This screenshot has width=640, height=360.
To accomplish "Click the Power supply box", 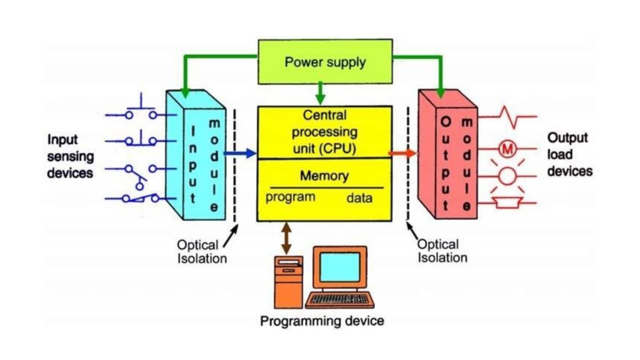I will [325, 62].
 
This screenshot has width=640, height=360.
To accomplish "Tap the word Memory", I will [324, 176].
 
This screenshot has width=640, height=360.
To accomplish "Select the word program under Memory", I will [290, 197].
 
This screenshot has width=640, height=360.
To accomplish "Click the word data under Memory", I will [359, 198].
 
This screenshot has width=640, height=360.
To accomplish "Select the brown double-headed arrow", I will [286, 238].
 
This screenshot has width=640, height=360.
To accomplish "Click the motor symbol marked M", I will [507, 149].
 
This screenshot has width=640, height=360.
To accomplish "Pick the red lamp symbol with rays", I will [507, 176].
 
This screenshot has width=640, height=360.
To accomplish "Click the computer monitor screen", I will [340, 267].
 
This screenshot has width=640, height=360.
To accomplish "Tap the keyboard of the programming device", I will [340, 299].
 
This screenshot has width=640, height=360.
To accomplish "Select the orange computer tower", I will [288, 282].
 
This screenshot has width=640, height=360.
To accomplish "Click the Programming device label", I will [322, 321].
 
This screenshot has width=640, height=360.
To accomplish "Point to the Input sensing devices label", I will [70, 156].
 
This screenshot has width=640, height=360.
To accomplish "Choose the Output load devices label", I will [569, 154].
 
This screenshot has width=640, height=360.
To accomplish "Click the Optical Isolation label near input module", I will [202, 252].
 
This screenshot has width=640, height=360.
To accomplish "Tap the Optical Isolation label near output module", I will [442, 251].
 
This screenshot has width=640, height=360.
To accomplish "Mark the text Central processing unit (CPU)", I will [324, 132].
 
